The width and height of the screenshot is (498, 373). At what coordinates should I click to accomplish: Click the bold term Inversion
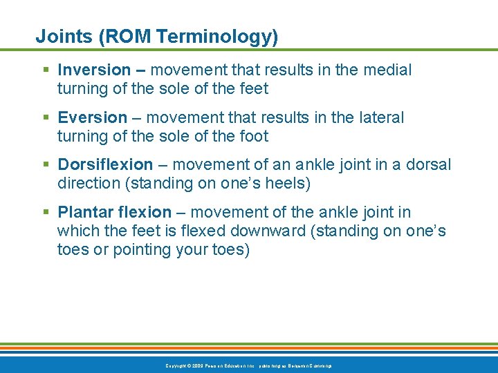[x=94, y=70]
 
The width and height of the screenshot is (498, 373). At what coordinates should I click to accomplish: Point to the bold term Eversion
[x=93, y=117]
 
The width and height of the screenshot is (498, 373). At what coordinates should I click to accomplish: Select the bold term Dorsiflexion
[x=105, y=164]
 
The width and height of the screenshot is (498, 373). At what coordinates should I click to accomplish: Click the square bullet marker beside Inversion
[x=46, y=70]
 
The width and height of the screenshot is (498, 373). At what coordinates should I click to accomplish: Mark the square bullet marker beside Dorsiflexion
[x=46, y=165]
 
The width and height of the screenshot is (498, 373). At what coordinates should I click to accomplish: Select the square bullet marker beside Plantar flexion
[x=46, y=213]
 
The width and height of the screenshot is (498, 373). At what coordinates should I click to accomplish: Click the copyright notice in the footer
[x=248, y=365]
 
